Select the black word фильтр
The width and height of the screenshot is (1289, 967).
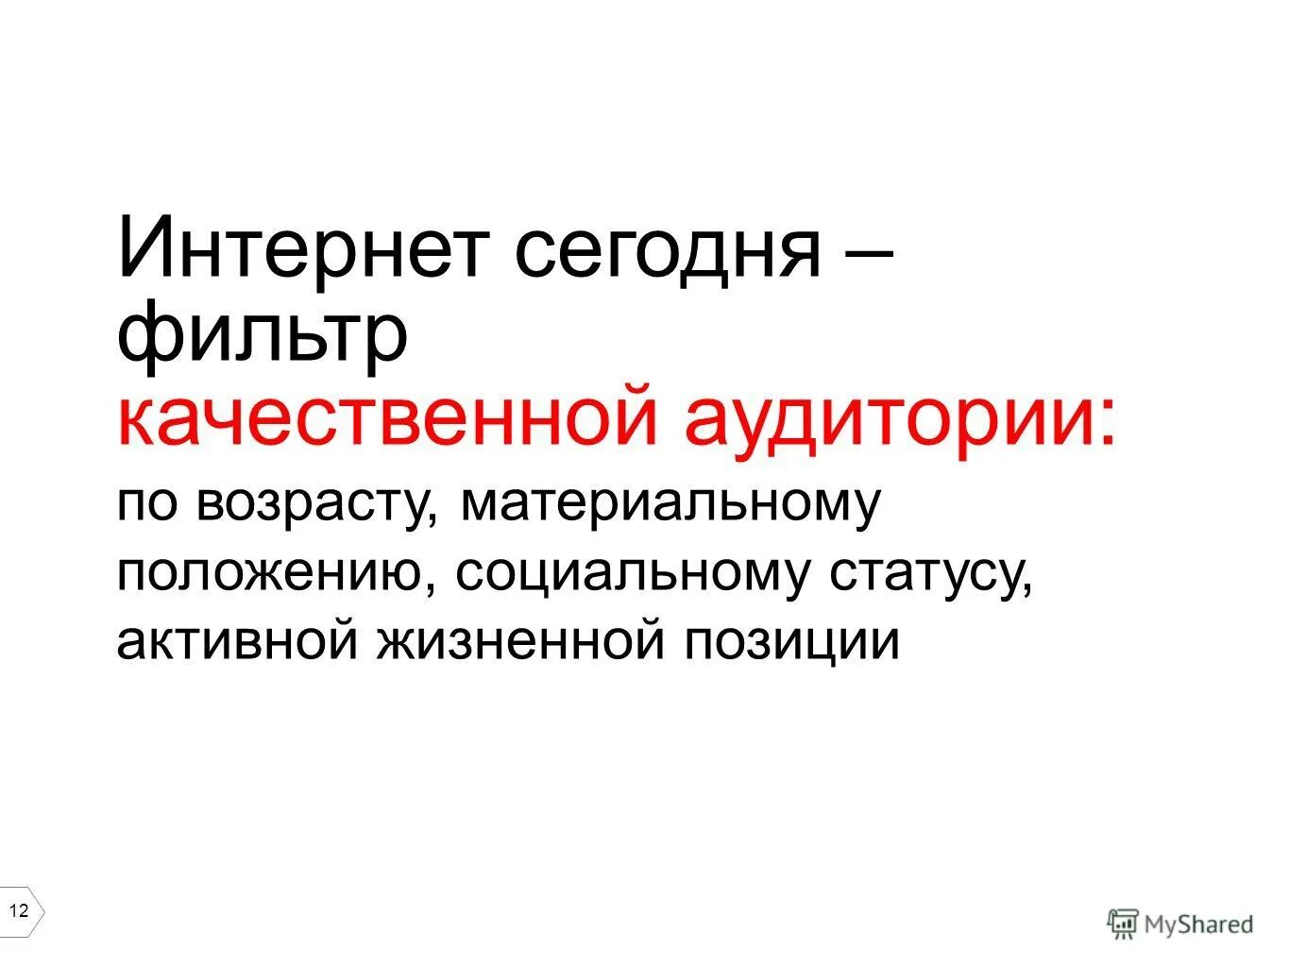point(263,334)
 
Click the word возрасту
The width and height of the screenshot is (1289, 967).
point(313,504)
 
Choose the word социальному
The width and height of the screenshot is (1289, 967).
point(632,572)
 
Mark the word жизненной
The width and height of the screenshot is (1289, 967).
point(523,641)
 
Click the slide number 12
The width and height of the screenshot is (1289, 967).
point(19,911)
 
